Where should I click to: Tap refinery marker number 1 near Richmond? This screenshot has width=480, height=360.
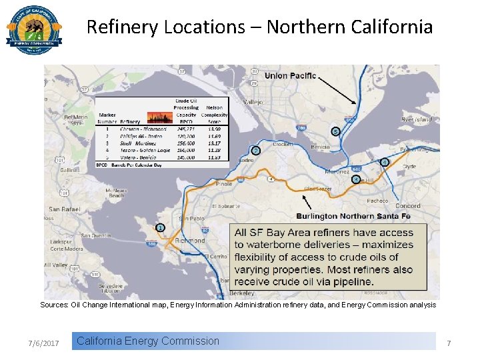[x=160, y=228]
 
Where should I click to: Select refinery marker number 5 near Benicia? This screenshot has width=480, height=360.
[x=335, y=131]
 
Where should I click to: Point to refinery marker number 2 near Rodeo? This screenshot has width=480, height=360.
[x=255, y=151]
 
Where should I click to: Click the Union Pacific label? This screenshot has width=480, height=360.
[x=290, y=75]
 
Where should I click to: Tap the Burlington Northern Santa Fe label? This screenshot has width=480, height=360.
[x=353, y=216]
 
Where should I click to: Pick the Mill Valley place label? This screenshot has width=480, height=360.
[x=55, y=265]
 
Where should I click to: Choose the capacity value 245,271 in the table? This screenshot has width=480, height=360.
[x=186, y=129]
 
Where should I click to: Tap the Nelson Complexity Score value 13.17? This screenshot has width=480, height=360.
[x=214, y=143]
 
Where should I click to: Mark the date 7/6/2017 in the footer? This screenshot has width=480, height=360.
[x=44, y=343]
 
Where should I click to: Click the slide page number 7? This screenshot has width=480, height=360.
[x=449, y=343]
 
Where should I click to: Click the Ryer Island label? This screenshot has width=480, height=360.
[x=416, y=120]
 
